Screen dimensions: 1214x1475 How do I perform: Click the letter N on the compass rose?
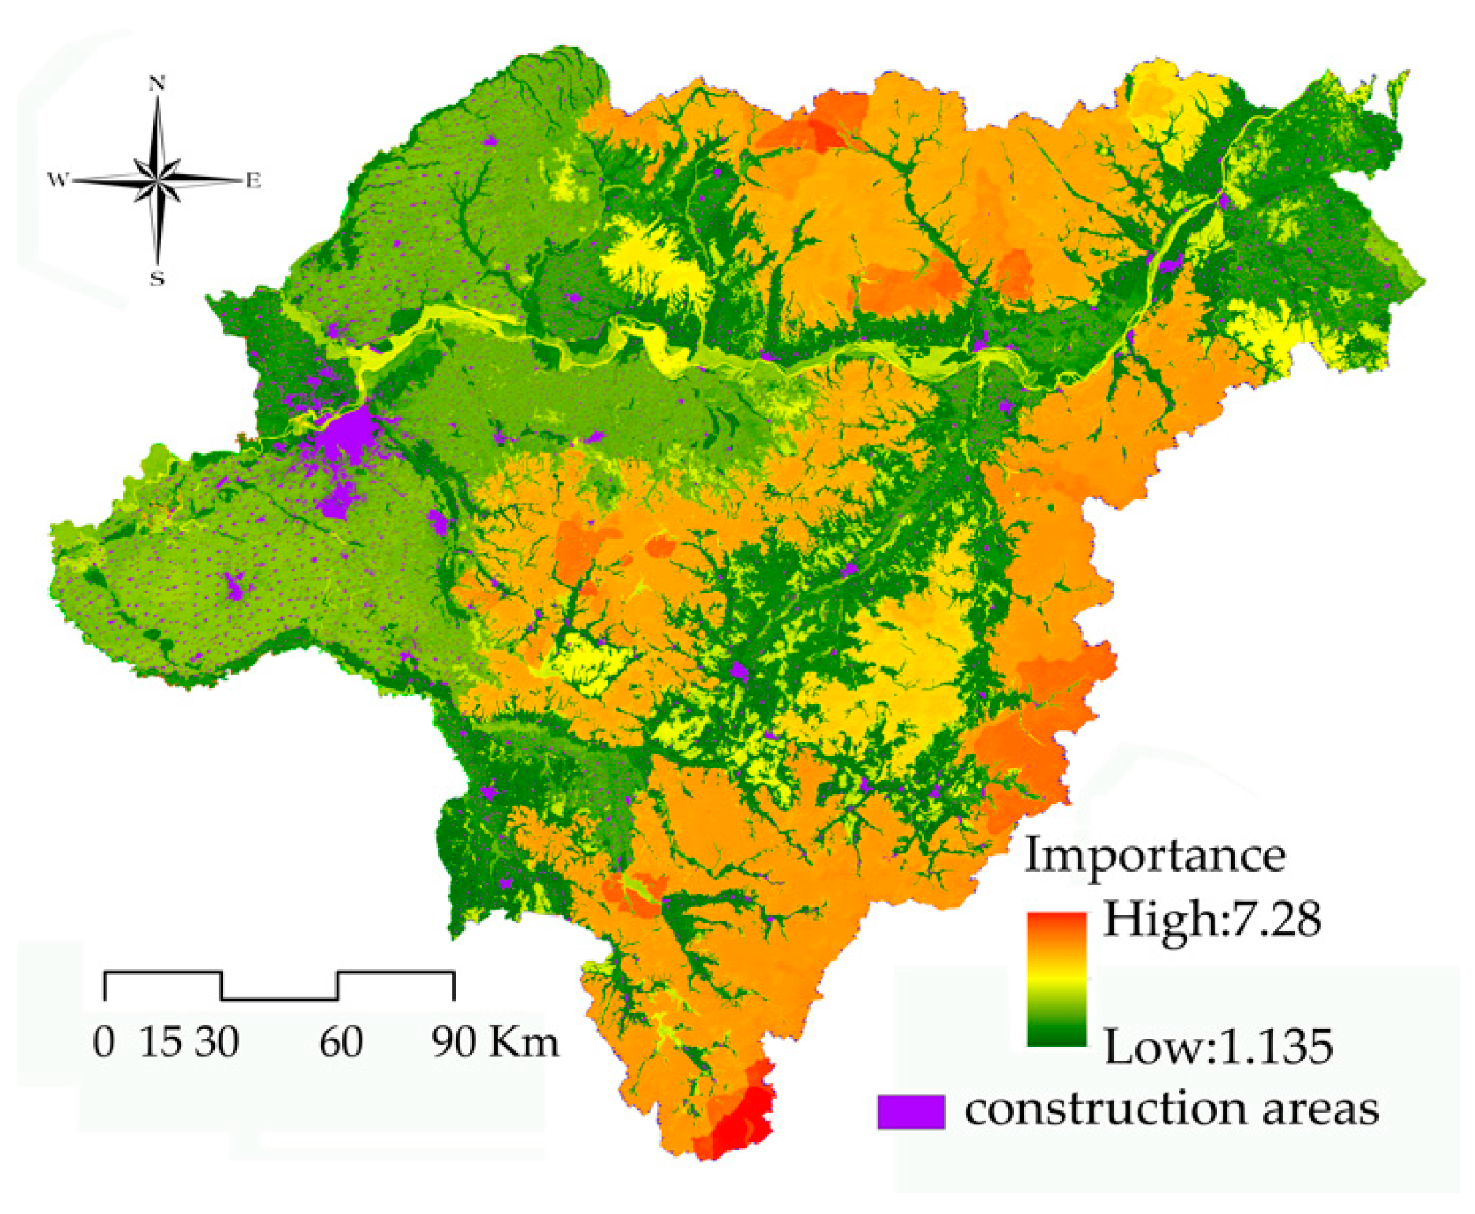[157, 83]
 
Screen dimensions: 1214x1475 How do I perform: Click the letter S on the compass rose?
[157, 278]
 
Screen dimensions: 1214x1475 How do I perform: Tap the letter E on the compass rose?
[253, 180]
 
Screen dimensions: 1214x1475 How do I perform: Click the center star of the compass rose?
[157, 179]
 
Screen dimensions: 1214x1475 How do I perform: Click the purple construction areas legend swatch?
[911, 1111]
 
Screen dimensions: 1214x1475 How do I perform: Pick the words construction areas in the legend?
[1171, 1110]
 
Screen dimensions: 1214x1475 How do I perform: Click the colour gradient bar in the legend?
[1056, 979]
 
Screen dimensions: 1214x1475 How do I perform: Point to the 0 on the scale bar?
[104, 1042]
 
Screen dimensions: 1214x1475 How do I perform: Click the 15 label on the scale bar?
[160, 1042]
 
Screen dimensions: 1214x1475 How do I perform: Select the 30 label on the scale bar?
[217, 1042]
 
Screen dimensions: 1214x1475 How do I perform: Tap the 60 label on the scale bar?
[341, 1042]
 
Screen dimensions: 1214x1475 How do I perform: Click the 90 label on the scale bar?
[453, 1042]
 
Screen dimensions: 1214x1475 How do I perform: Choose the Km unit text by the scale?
[524, 1042]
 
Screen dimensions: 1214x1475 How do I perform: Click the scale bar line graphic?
[279, 986]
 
